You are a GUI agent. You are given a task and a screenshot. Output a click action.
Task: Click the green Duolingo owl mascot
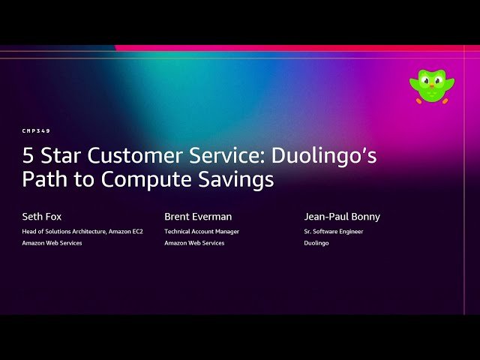point(427,85)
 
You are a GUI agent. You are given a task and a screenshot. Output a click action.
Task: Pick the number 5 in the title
point(28,156)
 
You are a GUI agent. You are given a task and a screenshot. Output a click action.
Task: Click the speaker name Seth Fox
point(42,217)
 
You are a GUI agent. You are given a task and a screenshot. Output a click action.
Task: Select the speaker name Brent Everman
point(199,217)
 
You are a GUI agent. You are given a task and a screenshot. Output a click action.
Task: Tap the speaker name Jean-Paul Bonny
point(343,217)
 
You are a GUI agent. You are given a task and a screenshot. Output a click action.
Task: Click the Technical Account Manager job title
point(202,232)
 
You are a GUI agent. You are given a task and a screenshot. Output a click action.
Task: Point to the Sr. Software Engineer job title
point(334,232)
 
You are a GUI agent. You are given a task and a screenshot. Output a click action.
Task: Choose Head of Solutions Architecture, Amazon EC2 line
point(82,232)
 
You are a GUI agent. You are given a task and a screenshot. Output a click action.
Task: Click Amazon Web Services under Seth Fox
point(52,243)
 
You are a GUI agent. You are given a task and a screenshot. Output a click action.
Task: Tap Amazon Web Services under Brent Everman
point(194,243)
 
